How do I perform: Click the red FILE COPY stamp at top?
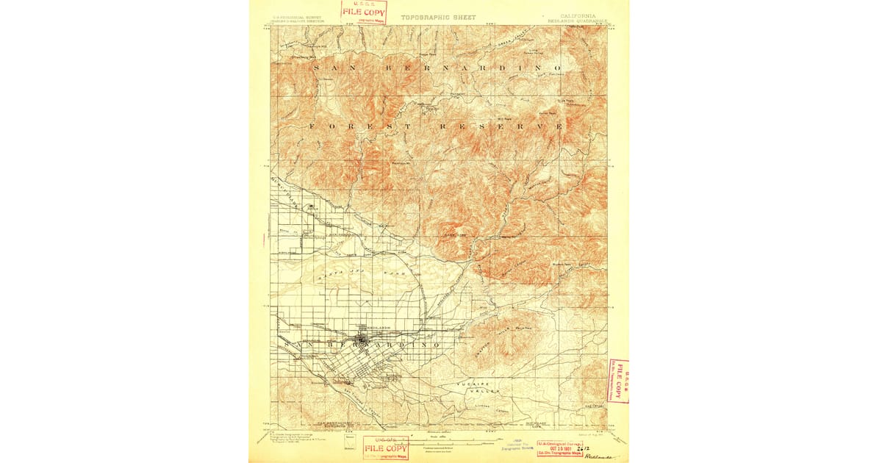(x=363, y=12)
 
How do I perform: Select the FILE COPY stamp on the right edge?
(x=619, y=381)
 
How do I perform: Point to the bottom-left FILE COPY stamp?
(x=386, y=448)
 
